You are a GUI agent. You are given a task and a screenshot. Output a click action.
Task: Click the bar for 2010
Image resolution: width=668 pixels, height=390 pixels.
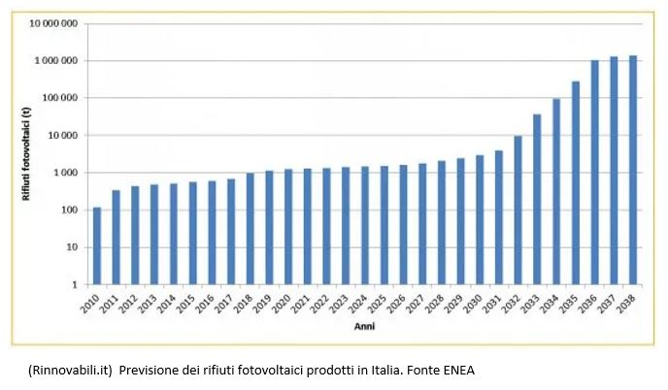coord(97,245)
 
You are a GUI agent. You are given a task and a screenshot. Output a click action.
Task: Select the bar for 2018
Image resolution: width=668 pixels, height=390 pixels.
coord(250,229)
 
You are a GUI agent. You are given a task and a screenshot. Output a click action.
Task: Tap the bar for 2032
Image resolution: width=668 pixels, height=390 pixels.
coord(518,211)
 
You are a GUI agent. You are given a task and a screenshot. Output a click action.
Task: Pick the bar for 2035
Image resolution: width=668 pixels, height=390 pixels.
coord(576,183)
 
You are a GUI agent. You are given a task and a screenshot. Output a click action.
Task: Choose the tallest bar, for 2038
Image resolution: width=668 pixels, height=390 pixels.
coord(633,170)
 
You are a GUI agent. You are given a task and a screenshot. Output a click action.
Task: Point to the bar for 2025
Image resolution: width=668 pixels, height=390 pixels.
coord(384,225)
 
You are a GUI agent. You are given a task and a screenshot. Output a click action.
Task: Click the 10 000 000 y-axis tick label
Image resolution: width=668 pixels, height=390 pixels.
coord(53,23)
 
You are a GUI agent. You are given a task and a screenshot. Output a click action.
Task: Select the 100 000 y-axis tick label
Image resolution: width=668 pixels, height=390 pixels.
coord(60,98)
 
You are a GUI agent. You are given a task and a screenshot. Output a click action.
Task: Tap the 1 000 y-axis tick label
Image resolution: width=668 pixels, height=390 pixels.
coord(65,173)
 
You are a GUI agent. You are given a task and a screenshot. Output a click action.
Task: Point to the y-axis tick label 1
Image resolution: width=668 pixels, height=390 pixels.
coord(75,285)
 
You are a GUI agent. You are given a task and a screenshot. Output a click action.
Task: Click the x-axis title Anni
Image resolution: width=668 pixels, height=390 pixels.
coord(365,327)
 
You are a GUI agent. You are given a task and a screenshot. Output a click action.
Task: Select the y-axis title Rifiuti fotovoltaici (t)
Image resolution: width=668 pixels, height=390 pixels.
coord(27,153)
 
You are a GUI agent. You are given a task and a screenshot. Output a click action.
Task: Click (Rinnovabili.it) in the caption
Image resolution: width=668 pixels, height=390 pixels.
coord(70,371)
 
